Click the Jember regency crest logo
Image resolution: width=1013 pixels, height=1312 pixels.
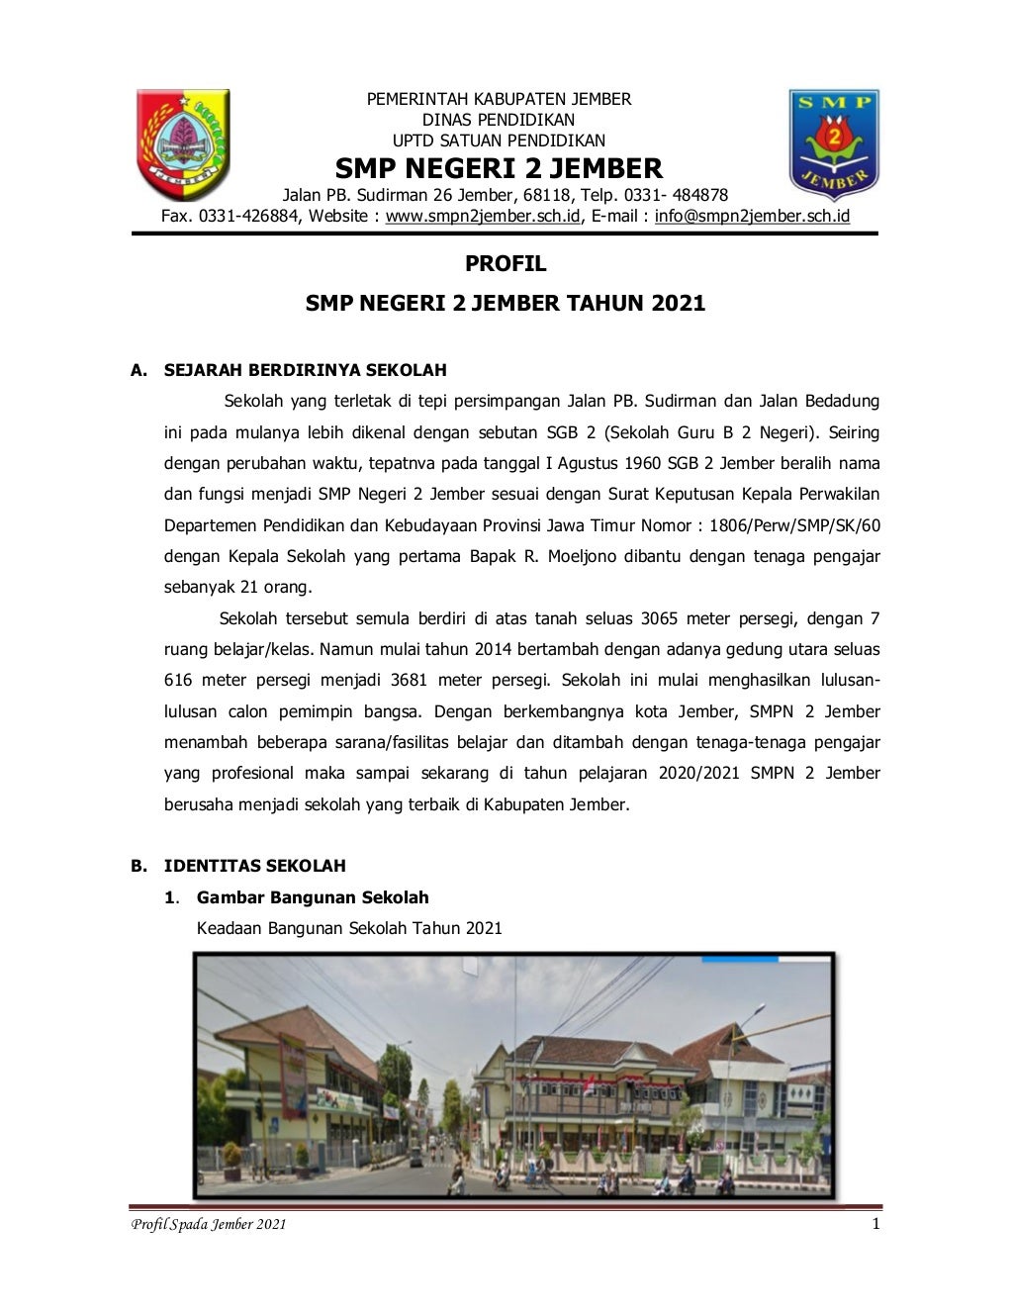click(182, 144)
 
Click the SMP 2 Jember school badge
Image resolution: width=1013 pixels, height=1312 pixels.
click(834, 144)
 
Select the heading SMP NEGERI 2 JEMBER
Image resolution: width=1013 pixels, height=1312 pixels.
click(499, 168)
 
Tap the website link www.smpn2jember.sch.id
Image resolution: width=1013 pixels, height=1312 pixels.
click(483, 216)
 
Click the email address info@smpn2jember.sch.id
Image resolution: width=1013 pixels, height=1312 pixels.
click(752, 216)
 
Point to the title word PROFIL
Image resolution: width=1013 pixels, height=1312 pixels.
click(506, 264)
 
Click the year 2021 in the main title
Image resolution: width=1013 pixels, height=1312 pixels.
click(678, 303)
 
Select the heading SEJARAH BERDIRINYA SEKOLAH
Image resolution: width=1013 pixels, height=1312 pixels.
click(305, 370)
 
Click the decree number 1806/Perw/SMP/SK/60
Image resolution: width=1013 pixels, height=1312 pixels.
click(794, 525)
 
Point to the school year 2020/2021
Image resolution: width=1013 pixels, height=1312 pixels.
click(699, 773)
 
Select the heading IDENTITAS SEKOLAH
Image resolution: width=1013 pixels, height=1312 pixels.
click(254, 866)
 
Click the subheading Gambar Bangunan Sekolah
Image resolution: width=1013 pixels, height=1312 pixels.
click(313, 897)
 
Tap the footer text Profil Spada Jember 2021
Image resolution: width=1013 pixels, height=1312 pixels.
click(209, 1225)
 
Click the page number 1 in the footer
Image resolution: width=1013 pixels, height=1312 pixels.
click(875, 1224)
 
